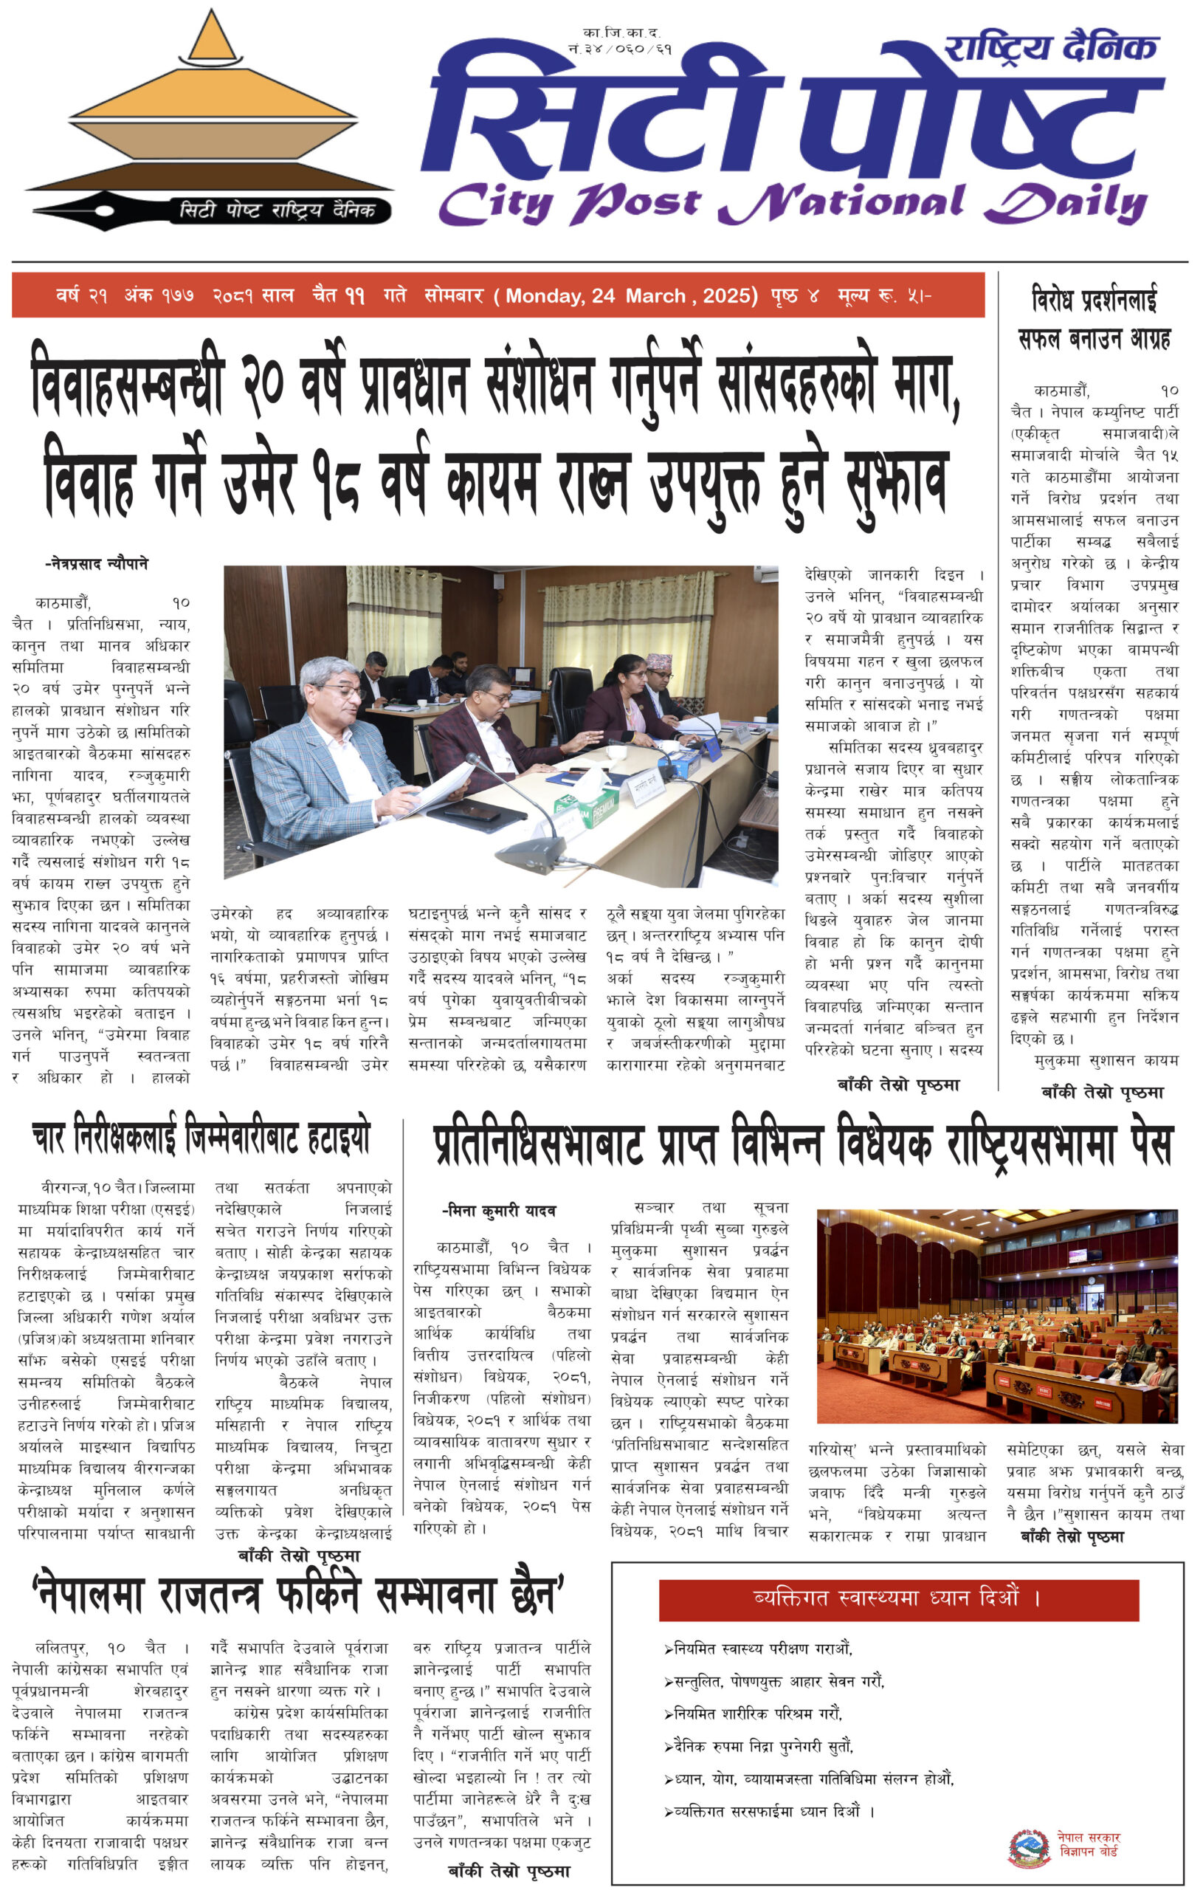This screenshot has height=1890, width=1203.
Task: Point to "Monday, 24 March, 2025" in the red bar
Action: (x=631, y=296)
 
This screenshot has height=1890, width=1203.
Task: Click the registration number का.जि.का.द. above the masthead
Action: (x=621, y=33)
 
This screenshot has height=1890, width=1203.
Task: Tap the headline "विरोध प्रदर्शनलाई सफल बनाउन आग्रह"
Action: (x=1094, y=319)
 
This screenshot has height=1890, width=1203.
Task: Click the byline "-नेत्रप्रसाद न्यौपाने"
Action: (x=97, y=563)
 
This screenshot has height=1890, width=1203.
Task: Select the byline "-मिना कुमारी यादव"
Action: (x=499, y=1210)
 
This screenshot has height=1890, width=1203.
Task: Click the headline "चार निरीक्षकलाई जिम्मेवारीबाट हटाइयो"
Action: (x=201, y=1138)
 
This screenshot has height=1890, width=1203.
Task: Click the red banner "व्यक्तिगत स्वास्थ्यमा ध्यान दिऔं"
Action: (x=897, y=1599)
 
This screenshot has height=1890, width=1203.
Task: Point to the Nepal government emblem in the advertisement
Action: (x=1029, y=1848)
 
